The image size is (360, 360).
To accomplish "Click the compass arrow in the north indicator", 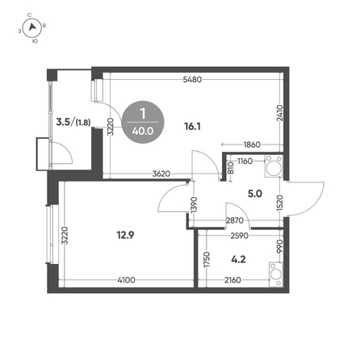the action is [32, 27].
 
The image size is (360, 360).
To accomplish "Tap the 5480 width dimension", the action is [192, 80].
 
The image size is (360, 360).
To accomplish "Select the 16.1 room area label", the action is [192, 126].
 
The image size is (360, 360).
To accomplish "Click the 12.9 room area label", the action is [125, 235].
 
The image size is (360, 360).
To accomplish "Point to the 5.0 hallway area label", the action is [255, 194].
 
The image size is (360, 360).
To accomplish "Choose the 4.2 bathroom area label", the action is [238, 260].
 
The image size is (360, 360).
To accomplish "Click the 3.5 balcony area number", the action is [63, 122].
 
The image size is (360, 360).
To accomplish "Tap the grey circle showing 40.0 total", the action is [143, 122].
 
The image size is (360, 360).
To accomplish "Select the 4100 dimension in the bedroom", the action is [127, 280].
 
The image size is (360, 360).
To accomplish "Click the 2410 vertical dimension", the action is [279, 113].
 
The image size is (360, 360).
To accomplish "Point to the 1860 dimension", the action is [252, 144].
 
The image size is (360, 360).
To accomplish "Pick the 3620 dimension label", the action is [161, 174].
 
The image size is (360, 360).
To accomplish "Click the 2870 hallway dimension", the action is [235, 220].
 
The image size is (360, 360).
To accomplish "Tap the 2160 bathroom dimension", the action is [232, 280].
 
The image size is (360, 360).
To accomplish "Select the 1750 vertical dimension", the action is [207, 260].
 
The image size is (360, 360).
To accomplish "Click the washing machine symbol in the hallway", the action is [274, 167].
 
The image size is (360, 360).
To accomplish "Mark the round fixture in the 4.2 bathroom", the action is [275, 274].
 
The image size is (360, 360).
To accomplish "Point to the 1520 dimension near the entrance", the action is [279, 203].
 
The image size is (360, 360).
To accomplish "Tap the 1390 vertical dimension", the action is [194, 205].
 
